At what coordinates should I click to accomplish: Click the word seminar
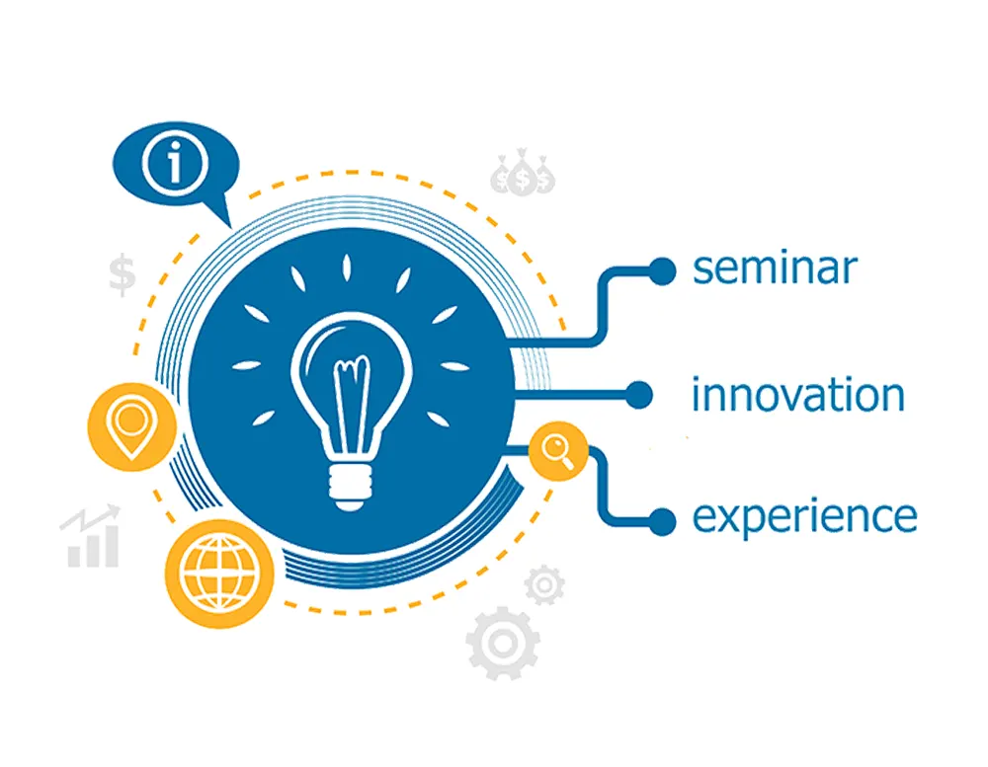[x=775, y=268]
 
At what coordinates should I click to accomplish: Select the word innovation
[x=797, y=395]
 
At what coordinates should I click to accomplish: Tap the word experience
[x=804, y=517]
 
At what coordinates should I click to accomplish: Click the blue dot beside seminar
[x=662, y=271]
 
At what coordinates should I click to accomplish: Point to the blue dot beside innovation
[x=638, y=395]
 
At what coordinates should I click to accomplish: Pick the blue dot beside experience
[x=662, y=522]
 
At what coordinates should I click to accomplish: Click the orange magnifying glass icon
[x=558, y=451]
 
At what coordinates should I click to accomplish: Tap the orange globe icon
[x=220, y=575]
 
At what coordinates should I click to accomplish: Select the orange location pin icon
[x=131, y=427]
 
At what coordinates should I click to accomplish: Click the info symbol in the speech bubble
[x=175, y=163]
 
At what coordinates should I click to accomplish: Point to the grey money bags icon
[x=523, y=172]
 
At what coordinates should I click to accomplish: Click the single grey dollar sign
[x=122, y=274]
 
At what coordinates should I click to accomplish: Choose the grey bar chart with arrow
[x=90, y=536]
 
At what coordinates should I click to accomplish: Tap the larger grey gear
[x=503, y=644]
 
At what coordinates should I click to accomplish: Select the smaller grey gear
[x=544, y=585]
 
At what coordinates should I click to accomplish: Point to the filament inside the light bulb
[x=352, y=402]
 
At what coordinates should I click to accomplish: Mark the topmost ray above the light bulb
[x=346, y=268]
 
